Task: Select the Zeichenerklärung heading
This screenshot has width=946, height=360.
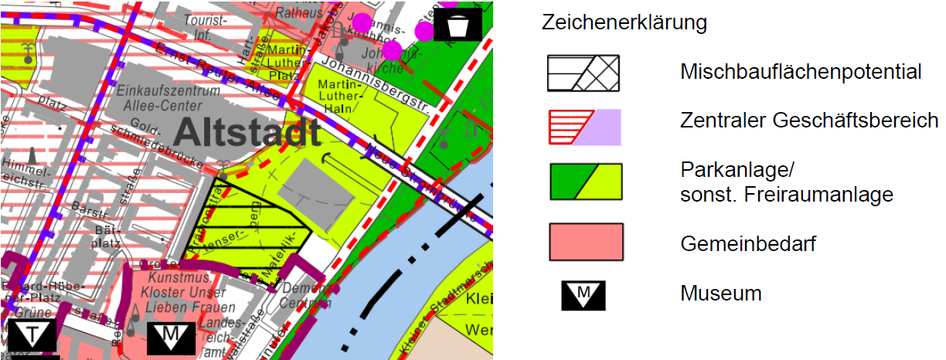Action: [624, 23]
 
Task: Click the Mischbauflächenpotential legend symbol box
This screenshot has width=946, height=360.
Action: [584, 73]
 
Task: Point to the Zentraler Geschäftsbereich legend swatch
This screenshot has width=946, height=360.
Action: [584, 127]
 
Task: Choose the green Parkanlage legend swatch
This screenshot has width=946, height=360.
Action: [584, 182]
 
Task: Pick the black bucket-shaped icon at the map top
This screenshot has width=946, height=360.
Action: [458, 25]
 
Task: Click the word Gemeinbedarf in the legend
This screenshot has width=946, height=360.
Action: [748, 244]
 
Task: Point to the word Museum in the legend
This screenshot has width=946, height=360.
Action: [721, 294]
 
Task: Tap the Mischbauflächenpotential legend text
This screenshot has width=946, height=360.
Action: [801, 73]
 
